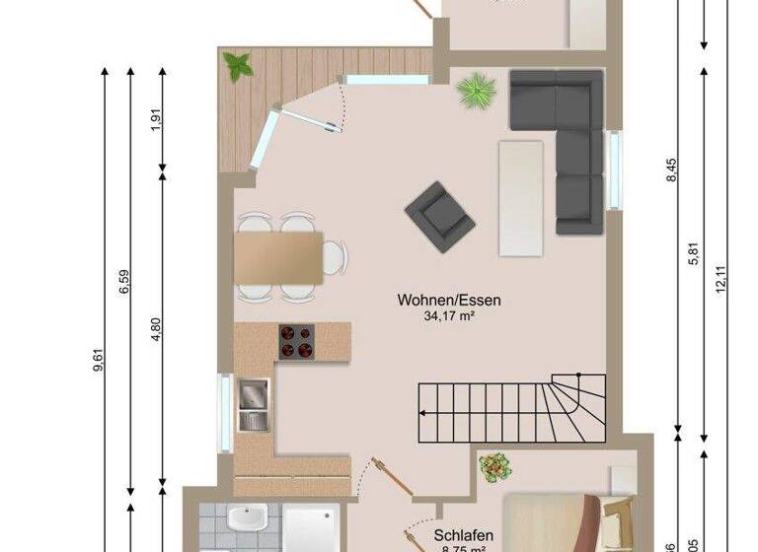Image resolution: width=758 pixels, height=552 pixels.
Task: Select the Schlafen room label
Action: [463, 536]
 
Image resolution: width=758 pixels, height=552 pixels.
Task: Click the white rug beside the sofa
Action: [521, 196]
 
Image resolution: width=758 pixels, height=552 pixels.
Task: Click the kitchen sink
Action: [253, 404]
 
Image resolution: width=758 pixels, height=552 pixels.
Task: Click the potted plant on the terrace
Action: [238, 67]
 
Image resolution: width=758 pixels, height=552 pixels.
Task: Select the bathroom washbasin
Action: [241, 519]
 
